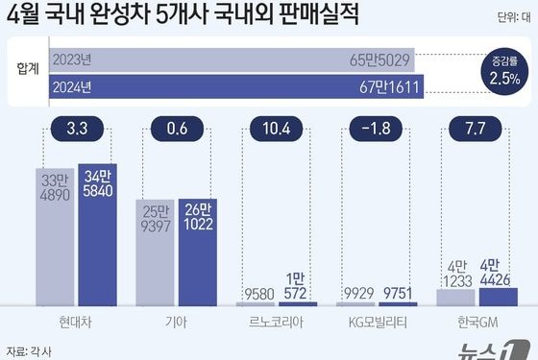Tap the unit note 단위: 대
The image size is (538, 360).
[x=514, y=16]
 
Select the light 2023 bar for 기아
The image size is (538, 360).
[x=156, y=254]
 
